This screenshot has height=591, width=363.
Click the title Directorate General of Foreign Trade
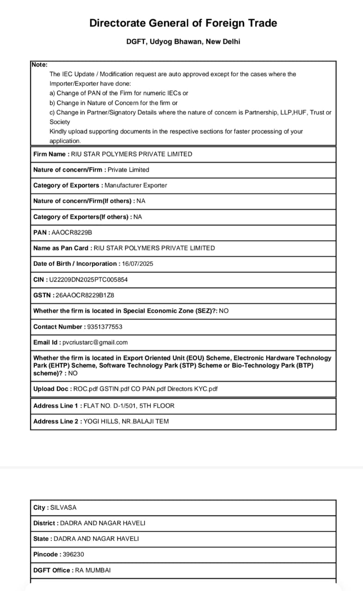click(183, 23)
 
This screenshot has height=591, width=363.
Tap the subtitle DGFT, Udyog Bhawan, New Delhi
click(183, 42)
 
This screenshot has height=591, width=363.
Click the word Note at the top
click(39, 65)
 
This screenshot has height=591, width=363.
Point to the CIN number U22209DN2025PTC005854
click(88, 279)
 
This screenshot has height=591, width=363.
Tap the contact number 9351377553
click(105, 326)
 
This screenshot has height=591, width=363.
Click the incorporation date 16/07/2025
click(137, 264)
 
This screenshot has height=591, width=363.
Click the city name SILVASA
click(63, 507)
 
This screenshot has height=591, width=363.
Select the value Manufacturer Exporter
click(136, 185)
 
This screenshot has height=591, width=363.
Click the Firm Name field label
click(49, 154)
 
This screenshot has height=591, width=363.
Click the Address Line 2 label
click(56, 421)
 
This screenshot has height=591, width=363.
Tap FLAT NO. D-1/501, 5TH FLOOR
click(129, 405)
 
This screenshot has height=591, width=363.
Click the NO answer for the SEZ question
click(224, 311)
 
